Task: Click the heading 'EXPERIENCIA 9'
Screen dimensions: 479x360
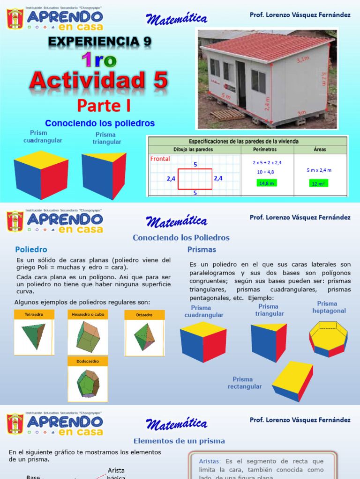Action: click(x=100, y=42)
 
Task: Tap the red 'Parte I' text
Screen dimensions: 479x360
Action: click(x=104, y=106)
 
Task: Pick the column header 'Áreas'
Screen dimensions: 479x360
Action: click(x=320, y=150)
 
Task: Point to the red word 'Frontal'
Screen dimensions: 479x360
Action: click(x=160, y=159)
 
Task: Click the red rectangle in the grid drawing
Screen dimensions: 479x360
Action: click(x=195, y=179)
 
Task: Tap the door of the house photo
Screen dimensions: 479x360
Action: click(x=241, y=84)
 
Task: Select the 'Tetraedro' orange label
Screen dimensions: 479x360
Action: click(x=34, y=314)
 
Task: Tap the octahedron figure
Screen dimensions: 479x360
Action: click(x=144, y=337)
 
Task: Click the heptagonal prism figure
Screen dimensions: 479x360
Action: click(x=328, y=338)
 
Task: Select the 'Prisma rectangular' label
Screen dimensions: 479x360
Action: click(x=243, y=383)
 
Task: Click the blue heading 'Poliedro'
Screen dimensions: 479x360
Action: click(x=31, y=250)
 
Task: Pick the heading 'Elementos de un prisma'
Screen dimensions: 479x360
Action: click(x=179, y=441)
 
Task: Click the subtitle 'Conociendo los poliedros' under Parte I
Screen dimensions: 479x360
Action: click(x=100, y=123)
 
